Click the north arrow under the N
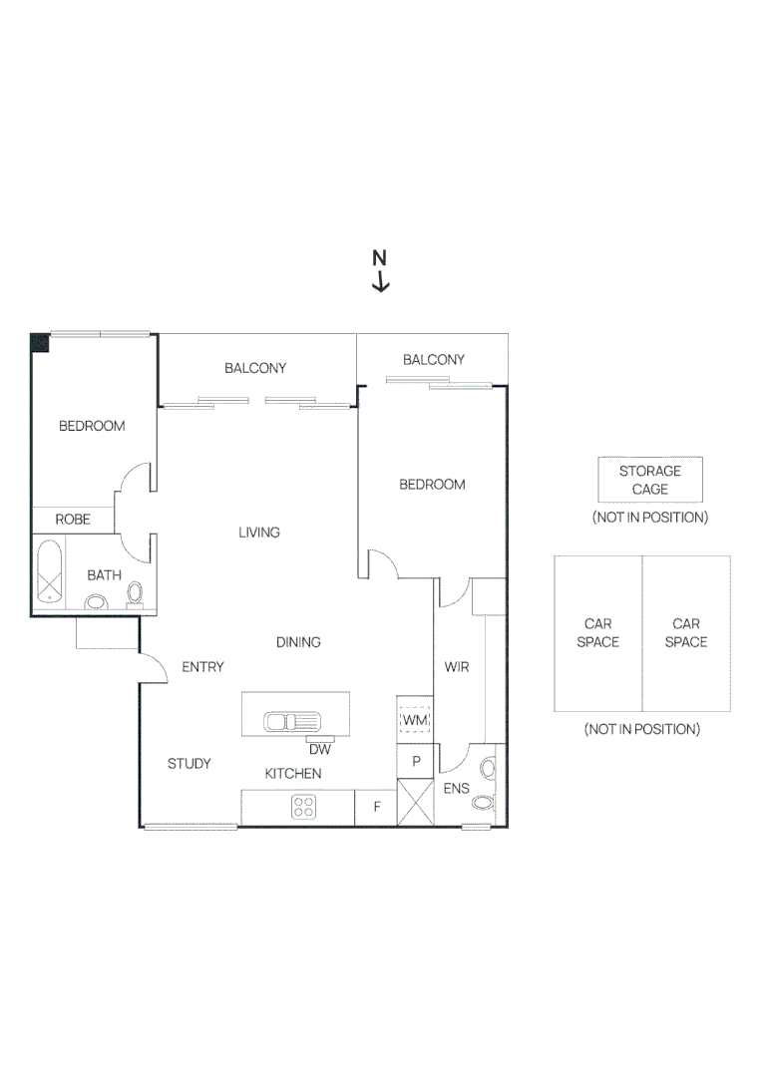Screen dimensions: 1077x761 tap(380, 283)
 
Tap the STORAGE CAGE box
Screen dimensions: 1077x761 tap(649, 480)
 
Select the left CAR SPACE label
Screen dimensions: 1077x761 tap(597, 633)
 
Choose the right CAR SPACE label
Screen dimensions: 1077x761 tap(686, 633)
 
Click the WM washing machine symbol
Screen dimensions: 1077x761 tap(415, 718)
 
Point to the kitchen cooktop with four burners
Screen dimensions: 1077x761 tap(304, 806)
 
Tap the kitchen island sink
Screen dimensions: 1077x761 tap(291, 720)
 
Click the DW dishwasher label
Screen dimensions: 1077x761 tap(319, 749)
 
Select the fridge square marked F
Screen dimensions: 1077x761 tap(376, 807)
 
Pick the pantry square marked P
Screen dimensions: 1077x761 tap(416, 761)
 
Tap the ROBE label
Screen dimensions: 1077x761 tap(73, 520)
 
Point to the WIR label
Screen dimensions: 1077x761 tap(457, 667)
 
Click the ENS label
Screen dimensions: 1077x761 tap(457, 788)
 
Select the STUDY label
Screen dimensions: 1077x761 tap(189, 764)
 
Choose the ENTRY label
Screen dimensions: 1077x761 tap(202, 667)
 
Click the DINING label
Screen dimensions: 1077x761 tap(298, 642)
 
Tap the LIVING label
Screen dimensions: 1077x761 tap(259, 533)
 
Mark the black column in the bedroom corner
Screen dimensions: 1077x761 tap(40, 342)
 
